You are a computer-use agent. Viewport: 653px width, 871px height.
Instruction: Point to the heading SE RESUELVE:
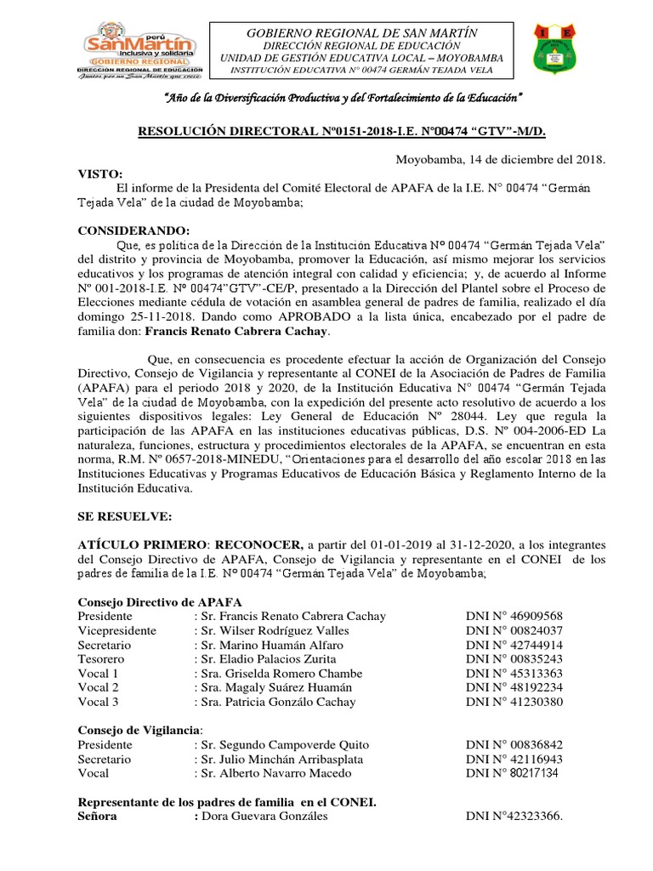pos(124,517)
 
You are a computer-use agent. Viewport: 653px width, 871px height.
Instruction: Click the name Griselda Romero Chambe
pos(280,674)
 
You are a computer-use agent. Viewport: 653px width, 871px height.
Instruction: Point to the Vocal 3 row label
pos(98,702)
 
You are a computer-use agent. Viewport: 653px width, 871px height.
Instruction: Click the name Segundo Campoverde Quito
pos(280,744)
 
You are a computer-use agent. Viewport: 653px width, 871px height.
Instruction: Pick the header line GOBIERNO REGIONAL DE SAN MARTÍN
pos(361,32)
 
